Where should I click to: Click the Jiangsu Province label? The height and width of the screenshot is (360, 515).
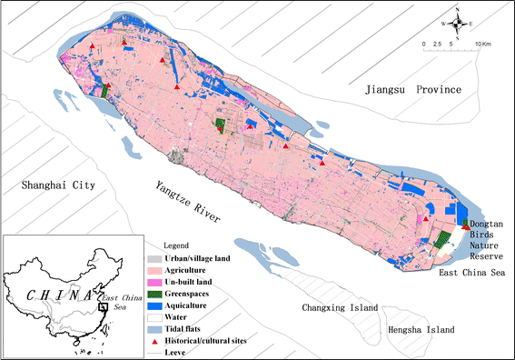click(x=412, y=90)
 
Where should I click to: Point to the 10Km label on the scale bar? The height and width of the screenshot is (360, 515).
click(x=481, y=43)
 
